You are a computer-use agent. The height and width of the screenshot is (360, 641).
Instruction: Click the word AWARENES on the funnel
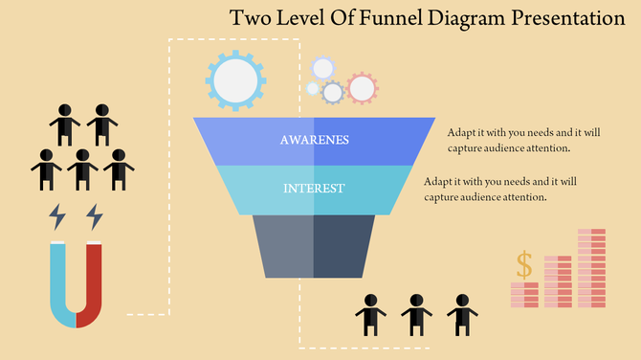pos(315,140)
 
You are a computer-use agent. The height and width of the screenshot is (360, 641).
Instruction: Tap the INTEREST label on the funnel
pos(314,189)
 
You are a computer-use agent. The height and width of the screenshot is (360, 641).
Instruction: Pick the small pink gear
pos(362,88)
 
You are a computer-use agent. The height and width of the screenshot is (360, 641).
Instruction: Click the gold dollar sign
pos(523,264)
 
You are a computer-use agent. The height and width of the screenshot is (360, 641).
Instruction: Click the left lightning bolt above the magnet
pos(58,216)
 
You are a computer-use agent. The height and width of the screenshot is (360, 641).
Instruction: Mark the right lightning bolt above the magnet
pos(94,216)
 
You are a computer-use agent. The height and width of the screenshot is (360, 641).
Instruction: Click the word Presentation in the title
pos(557,18)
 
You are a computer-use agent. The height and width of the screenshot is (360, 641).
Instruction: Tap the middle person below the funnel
pos(417,313)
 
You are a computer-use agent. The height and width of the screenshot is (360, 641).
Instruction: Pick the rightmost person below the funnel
pos(464,313)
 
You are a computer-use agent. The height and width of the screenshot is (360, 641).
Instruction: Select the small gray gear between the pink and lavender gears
pos(332,93)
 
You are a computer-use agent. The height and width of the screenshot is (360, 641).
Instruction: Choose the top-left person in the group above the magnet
pos(65,124)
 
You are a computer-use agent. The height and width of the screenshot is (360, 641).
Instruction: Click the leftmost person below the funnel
pos(369,313)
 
